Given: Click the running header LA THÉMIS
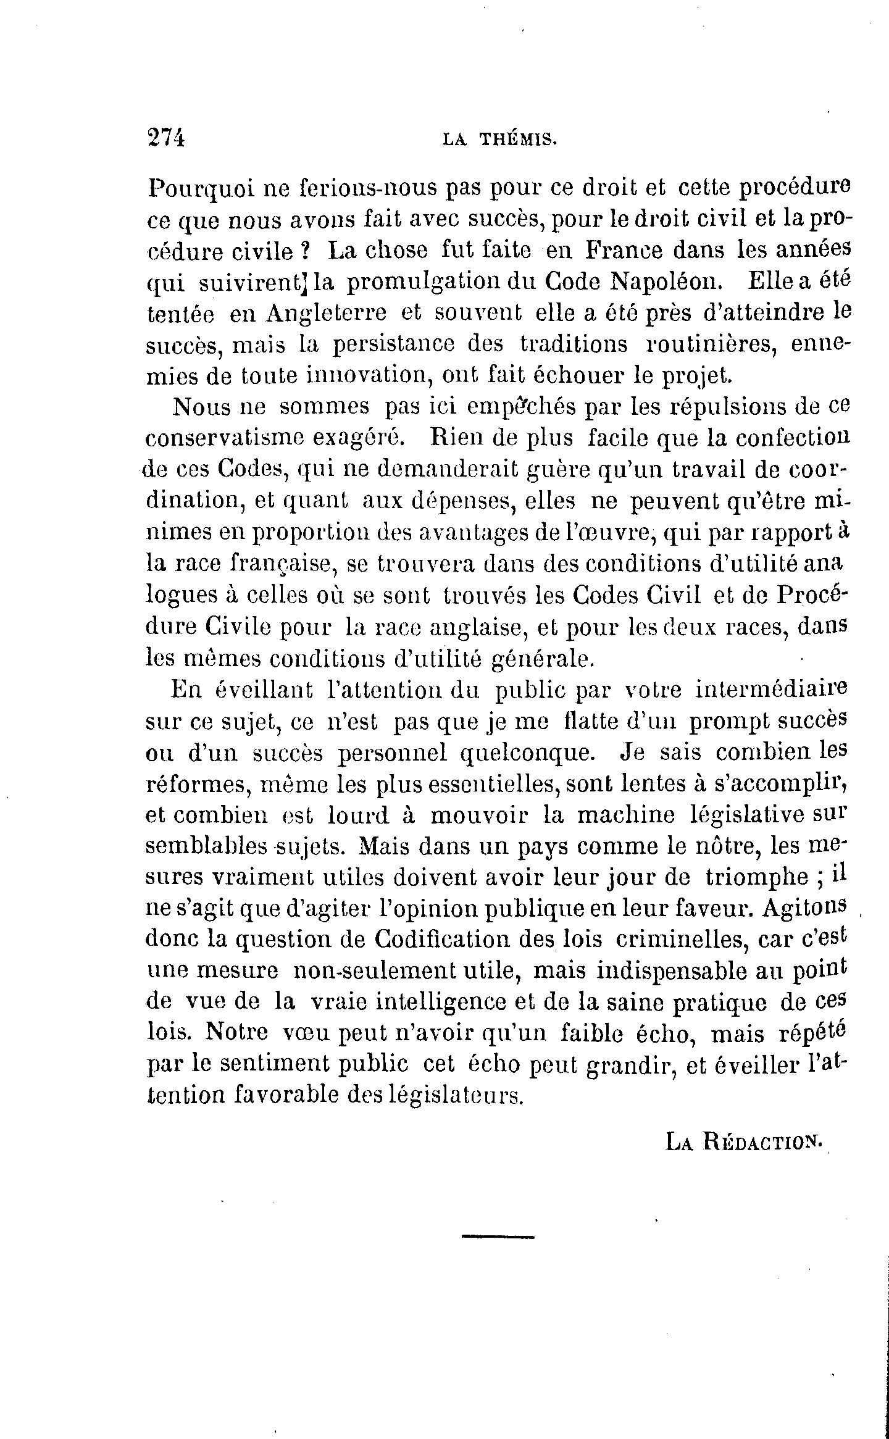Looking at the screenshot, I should click(500, 140).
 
